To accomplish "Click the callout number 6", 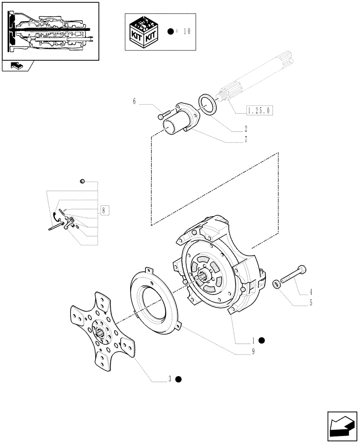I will [x=134, y=101].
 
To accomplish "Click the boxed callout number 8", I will [x=103, y=210].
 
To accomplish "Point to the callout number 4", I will [x=311, y=292].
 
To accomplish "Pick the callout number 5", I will [x=311, y=303].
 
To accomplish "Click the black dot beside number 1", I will [x=262, y=340].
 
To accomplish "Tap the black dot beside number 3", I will [x=178, y=379].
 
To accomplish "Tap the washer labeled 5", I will [x=276, y=284].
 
